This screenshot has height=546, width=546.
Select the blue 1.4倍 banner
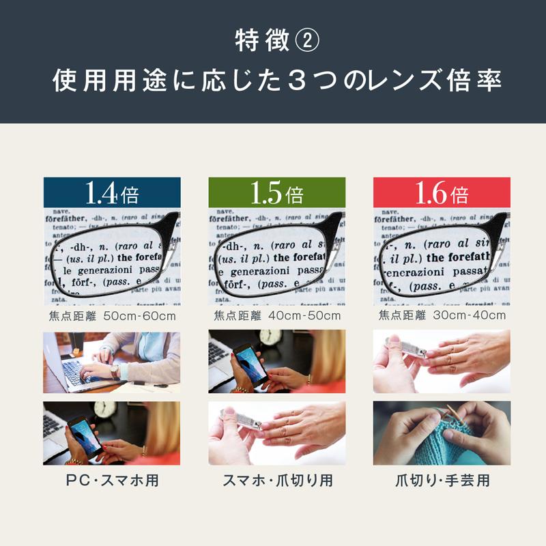tap(112, 194)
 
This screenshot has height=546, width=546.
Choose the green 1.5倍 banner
tap(276, 194)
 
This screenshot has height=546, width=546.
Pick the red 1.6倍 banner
tap(442, 194)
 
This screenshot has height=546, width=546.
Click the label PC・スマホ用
tap(112, 480)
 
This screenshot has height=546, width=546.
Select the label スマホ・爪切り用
tap(277, 480)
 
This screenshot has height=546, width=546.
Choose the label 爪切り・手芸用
tap(442, 480)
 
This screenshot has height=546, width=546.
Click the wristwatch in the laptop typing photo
tap(115, 371)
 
